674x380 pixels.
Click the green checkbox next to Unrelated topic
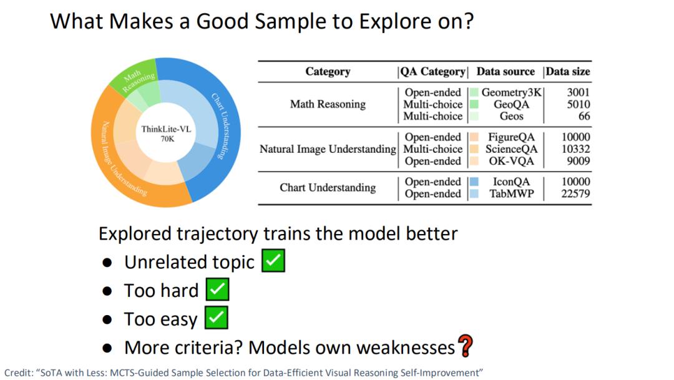coord(273,260)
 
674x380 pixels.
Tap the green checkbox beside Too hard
coord(218,289)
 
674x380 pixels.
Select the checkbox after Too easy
coord(216,318)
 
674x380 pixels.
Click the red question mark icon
coord(466,346)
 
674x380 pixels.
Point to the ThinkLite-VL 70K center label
coord(166,134)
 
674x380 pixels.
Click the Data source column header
coord(506,71)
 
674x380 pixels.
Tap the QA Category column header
coord(433,71)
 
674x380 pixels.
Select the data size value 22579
coord(575,194)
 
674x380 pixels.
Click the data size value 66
coord(584,116)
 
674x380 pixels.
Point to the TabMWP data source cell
coord(512,194)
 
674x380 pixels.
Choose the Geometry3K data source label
coord(512,92)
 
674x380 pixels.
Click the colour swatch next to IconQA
coord(474,182)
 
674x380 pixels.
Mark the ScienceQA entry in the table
coord(512,149)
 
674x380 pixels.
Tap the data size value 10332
coord(575,149)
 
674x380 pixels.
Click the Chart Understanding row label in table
coord(328,188)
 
